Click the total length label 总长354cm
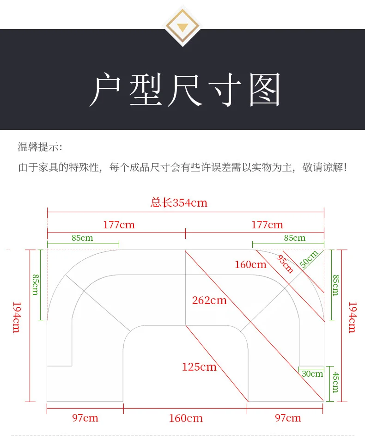pyautogui.click(x=179, y=202)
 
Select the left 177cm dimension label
pyautogui.click(x=119, y=225)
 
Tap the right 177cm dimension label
pyautogui.click(x=267, y=225)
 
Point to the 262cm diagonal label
pyautogui.click(x=209, y=300)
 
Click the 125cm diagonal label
pyautogui.click(x=199, y=367)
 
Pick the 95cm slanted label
pyautogui.click(x=286, y=263)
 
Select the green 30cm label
pyautogui.click(x=312, y=373)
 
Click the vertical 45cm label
pyautogui.click(x=335, y=381)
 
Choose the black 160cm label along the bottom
pyautogui.click(x=186, y=418)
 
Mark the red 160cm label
pyautogui.click(x=250, y=264)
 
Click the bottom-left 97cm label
pyautogui.click(x=85, y=418)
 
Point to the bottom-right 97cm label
pyautogui.click(x=288, y=418)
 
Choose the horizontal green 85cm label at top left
pyautogui.click(x=82, y=238)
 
